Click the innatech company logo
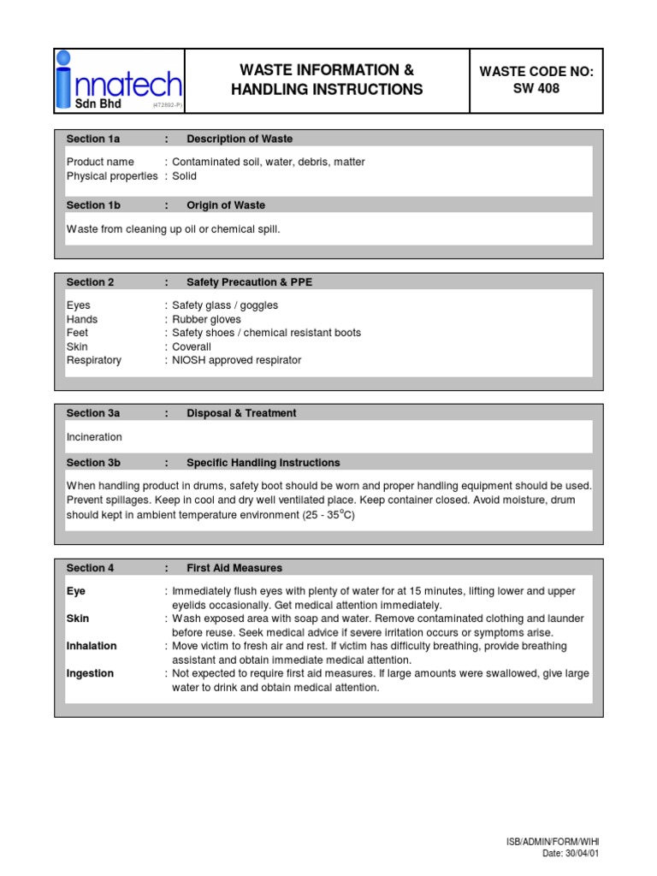pos(119,80)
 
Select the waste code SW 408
pos(536,88)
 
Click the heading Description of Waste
pos(240,139)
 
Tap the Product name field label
pos(100,162)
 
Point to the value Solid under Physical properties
pos(184,176)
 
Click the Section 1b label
pos(93,205)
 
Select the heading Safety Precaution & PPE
pos(250,282)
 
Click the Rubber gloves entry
pos(206,319)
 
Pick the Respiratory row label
pos(94,360)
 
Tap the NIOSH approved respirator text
pos(237,360)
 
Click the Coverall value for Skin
pos(192,346)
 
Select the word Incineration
pos(94,437)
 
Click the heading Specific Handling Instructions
pos(263,463)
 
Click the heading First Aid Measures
pos(234,568)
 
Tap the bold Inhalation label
pos(92,646)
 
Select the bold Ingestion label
pos(90,673)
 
